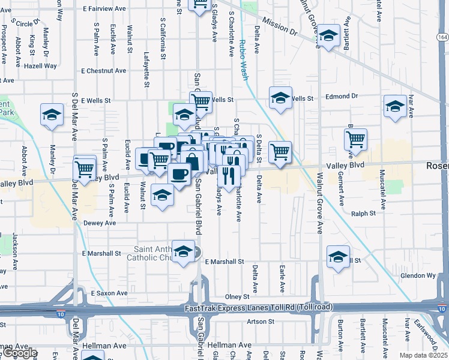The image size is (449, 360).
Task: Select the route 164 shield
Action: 442,37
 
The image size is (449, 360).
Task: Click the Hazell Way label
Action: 41,65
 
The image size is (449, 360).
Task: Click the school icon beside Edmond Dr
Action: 280,98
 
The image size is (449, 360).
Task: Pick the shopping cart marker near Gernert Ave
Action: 356,140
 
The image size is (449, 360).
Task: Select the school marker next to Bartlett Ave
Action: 328,35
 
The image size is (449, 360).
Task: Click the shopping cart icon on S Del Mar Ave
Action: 85,167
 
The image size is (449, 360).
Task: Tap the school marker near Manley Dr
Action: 52,115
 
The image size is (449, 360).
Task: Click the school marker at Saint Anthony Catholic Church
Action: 183,251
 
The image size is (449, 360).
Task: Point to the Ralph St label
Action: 363,213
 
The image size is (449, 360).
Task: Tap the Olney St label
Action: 237,297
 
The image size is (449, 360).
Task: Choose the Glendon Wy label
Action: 417,275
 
